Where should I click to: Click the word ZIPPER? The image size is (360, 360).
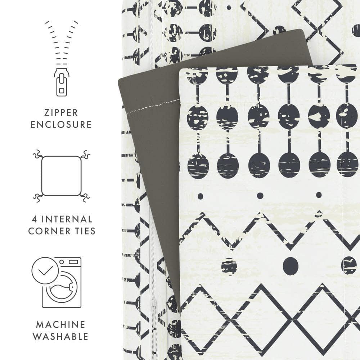(x=61, y=112)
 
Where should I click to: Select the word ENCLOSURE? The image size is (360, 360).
(x=61, y=125)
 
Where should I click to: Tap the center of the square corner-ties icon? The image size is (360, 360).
(x=61, y=176)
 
